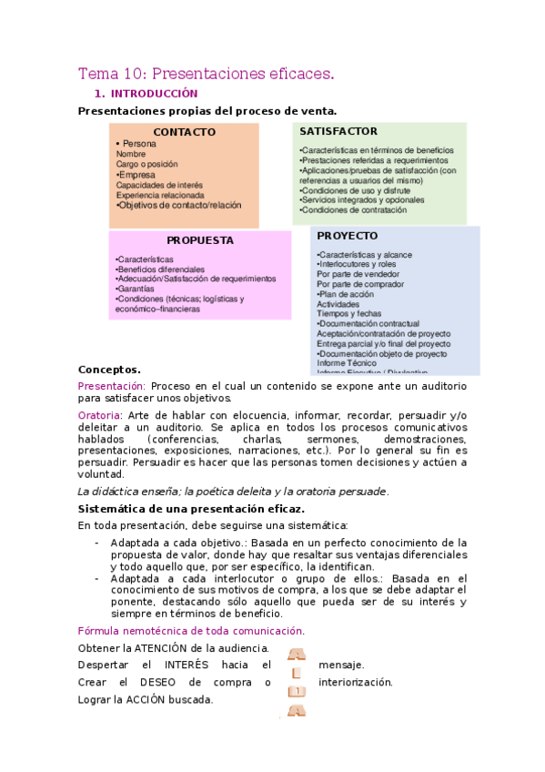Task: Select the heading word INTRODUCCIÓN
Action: point(154,94)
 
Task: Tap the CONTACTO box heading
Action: point(184,132)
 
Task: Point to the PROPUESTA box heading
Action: point(200,240)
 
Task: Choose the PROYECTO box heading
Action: point(347,236)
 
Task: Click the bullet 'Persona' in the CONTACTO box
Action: point(138,144)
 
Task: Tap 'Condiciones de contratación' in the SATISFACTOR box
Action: point(354,210)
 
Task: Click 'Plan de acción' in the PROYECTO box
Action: point(347,294)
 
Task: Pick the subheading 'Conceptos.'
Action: point(109,370)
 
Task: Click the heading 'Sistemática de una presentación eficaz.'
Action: point(191,509)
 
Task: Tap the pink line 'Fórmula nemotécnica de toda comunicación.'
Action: point(191,630)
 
